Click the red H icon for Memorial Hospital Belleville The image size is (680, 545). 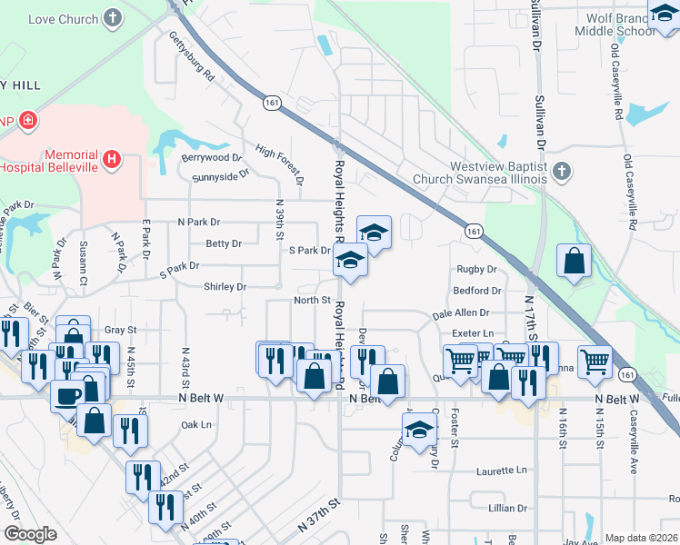(112, 159)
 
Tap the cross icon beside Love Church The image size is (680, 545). (112, 17)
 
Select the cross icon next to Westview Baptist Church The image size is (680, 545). (563, 172)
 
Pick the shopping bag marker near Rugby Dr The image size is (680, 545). (575, 262)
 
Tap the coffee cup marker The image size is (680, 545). (68, 395)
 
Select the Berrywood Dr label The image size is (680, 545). (211, 157)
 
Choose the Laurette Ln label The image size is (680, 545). (501, 471)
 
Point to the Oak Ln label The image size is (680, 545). (195, 424)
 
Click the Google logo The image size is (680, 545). (30, 533)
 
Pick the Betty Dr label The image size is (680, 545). (224, 243)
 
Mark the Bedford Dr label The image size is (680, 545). (477, 292)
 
